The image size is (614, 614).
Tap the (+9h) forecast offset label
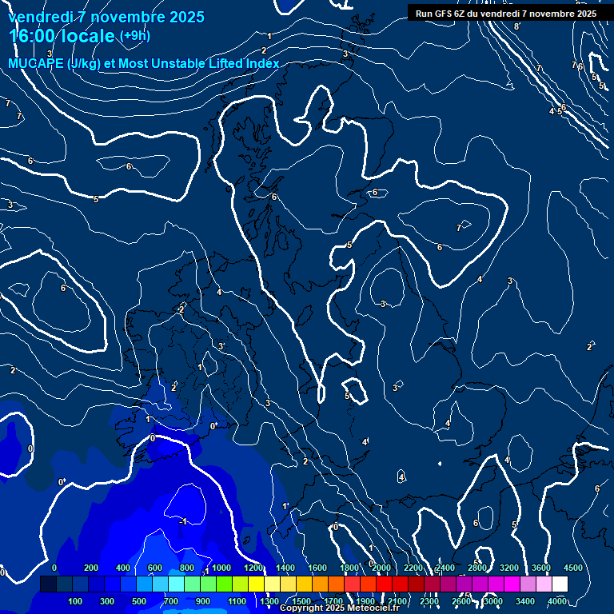pyautogui.click(x=134, y=36)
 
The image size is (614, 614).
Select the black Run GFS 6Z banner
pyautogui.click(x=505, y=13)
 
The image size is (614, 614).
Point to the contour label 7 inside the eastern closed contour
pyautogui.click(x=458, y=228)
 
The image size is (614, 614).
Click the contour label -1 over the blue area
pyautogui.click(x=183, y=521)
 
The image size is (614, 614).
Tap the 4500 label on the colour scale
pyautogui.click(x=573, y=568)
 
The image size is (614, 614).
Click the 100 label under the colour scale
pyautogui.click(x=75, y=601)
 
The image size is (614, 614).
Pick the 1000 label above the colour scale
pyautogui.click(x=221, y=568)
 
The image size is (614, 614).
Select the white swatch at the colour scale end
pyautogui.click(x=560, y=584)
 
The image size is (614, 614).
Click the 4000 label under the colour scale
pyautogui.click(x=557, y=601)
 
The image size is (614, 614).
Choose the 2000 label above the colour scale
pyautogui.click(x=381, y=568)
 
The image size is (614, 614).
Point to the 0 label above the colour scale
pyautogui.click(x=54, y=568)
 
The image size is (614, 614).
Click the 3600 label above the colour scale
pyautogui.click(x=541, y=568)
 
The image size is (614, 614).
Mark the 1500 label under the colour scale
pyautogui.click(x=301, y=601)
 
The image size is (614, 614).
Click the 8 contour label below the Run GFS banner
pyautogui.click(x=516, y=26)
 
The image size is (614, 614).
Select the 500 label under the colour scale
pyautogui.click(x=139, y=601)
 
